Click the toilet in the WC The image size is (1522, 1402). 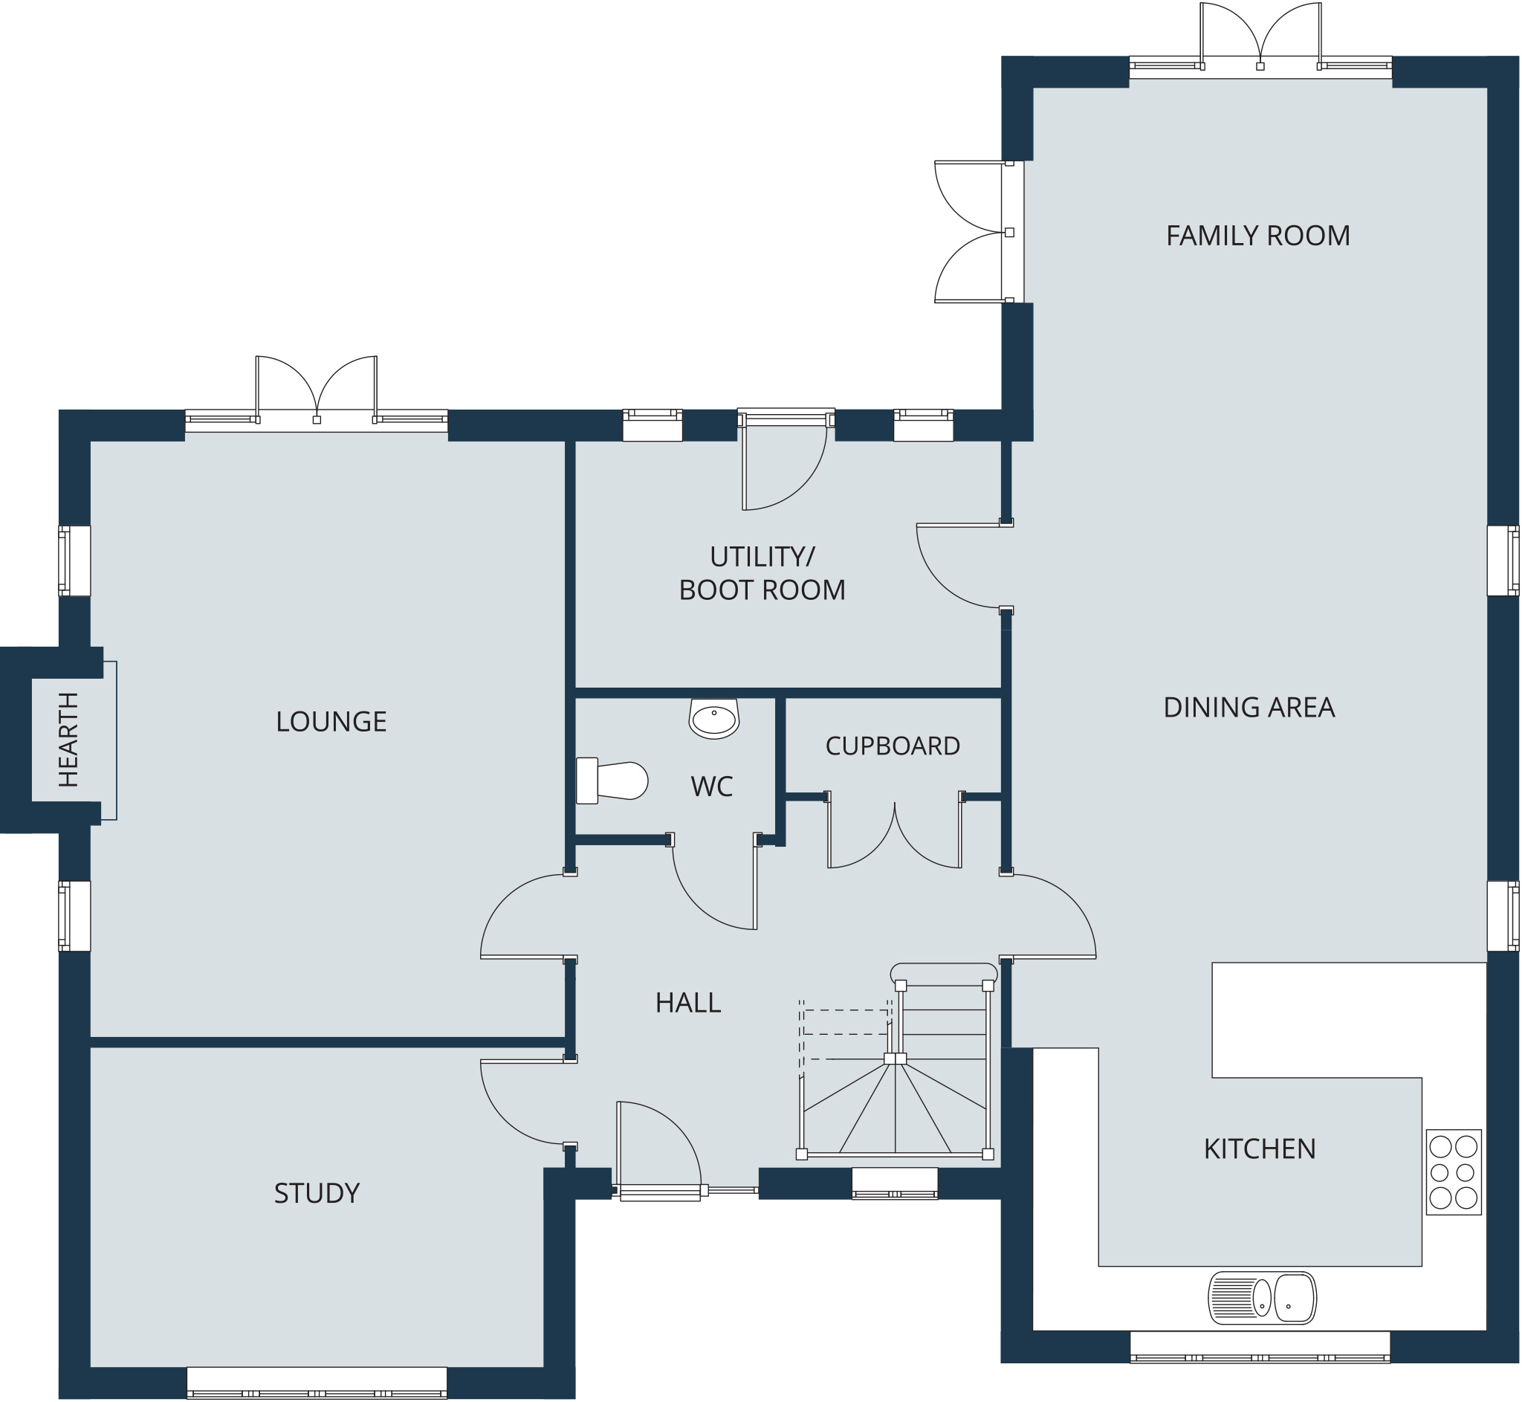point(611,781)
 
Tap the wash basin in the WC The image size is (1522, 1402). point(713,717)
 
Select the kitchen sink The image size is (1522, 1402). point(1263,1298)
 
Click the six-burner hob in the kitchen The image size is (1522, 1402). point(1454,1172)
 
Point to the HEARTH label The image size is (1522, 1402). point(68,740)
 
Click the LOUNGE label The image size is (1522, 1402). point(331,722)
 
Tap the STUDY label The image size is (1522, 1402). point(317,1193)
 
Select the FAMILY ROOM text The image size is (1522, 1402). point(1258,236)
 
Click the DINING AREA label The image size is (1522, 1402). point(1249,708)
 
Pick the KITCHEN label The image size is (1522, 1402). point(1260,1149)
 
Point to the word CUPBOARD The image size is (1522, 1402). point(893,746)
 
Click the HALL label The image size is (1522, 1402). point(688,1003)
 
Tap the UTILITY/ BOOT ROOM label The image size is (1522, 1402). point(762,574)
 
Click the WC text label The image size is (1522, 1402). point(711,786)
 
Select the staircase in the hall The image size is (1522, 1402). point(895,1062)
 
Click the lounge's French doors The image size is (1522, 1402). point(317,391)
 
